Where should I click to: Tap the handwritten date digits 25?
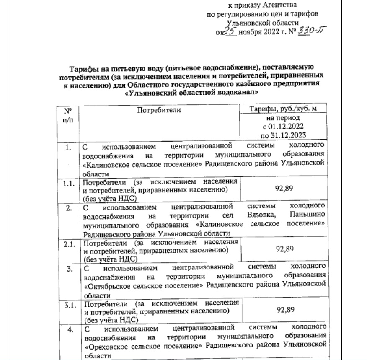pos(229,30)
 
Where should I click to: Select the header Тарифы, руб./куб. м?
pos(282,109)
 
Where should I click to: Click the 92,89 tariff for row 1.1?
pos(283,189)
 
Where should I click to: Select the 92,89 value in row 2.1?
pos(283,249)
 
